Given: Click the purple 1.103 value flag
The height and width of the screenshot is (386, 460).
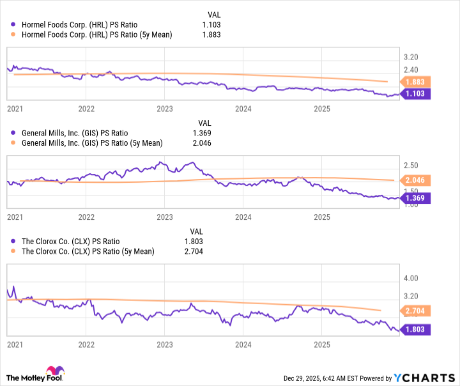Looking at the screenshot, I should pyautogui.click(x=417, y=93).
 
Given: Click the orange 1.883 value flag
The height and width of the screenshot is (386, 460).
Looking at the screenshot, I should pyautogui.click(x=417, y=81).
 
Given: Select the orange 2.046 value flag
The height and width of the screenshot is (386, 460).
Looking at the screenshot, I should pyautogui.click(x=417, y=181).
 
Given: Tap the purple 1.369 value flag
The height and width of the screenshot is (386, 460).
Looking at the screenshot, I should pyautogui.click(x=417, y=198).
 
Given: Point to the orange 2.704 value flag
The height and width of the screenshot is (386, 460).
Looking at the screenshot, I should pyautogui.click(x=417, y=311).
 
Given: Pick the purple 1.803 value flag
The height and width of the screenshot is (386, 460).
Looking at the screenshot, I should pyautogui.click(x=417, y=330).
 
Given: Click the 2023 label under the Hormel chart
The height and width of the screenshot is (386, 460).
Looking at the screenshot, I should pyautogui.click(x=165, y=108).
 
